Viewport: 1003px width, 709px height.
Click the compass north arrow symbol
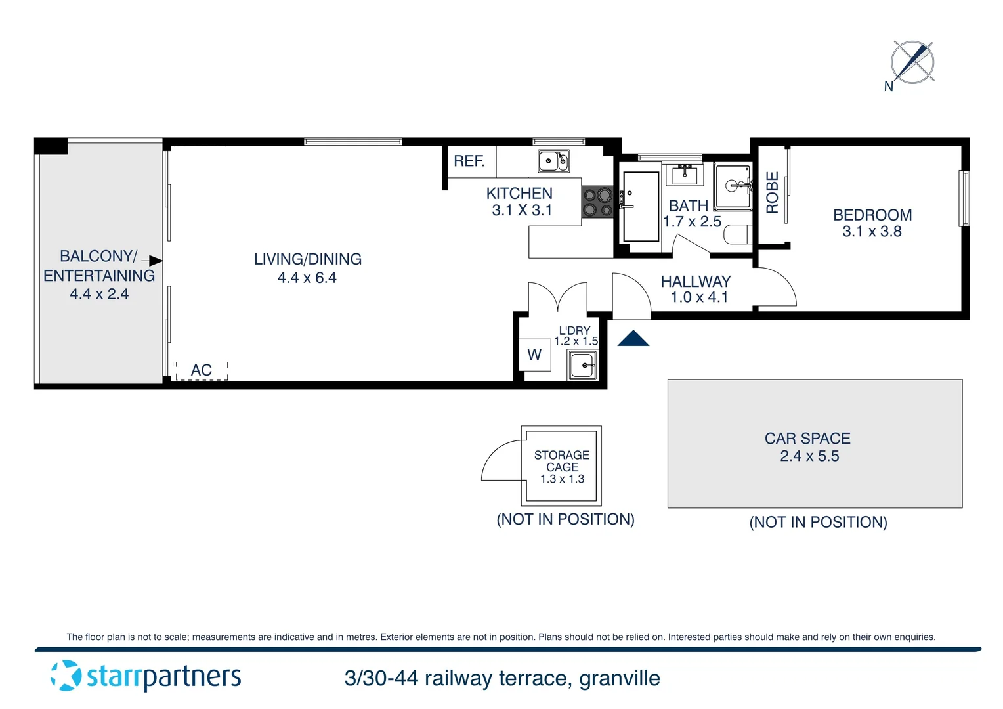click(x=912, y=63)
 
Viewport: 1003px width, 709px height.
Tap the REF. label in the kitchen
click(x=469, y=161)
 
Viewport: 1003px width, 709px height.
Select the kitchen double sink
click(x=553, y=161)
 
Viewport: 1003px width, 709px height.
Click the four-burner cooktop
click(x=597, y=202)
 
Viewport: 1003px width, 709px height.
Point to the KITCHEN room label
click(x=519, y=194)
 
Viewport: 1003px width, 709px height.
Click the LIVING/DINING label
click(x=307, y=259)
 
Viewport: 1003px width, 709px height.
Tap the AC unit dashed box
click(x=202, y=370)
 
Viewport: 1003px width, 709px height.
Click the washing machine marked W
click(x=534, y=355)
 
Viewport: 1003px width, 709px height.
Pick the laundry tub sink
click(x=582, y=365)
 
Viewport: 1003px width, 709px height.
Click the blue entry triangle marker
click(x=633, y=339)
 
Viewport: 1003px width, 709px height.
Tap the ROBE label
click(x=773, y=192)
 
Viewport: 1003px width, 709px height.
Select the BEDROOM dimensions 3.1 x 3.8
click(x=872, y=232)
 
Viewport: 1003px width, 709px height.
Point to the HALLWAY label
click(x=695, y=282)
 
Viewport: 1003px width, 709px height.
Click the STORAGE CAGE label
click(x=562, y=461)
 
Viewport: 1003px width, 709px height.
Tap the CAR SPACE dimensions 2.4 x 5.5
click(x=809, y=456)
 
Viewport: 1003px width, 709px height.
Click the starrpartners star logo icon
click(x=66, y=676)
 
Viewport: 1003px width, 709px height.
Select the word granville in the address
click(x=619, y=678)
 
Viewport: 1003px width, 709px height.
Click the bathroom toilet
click(x=738, y=234)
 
